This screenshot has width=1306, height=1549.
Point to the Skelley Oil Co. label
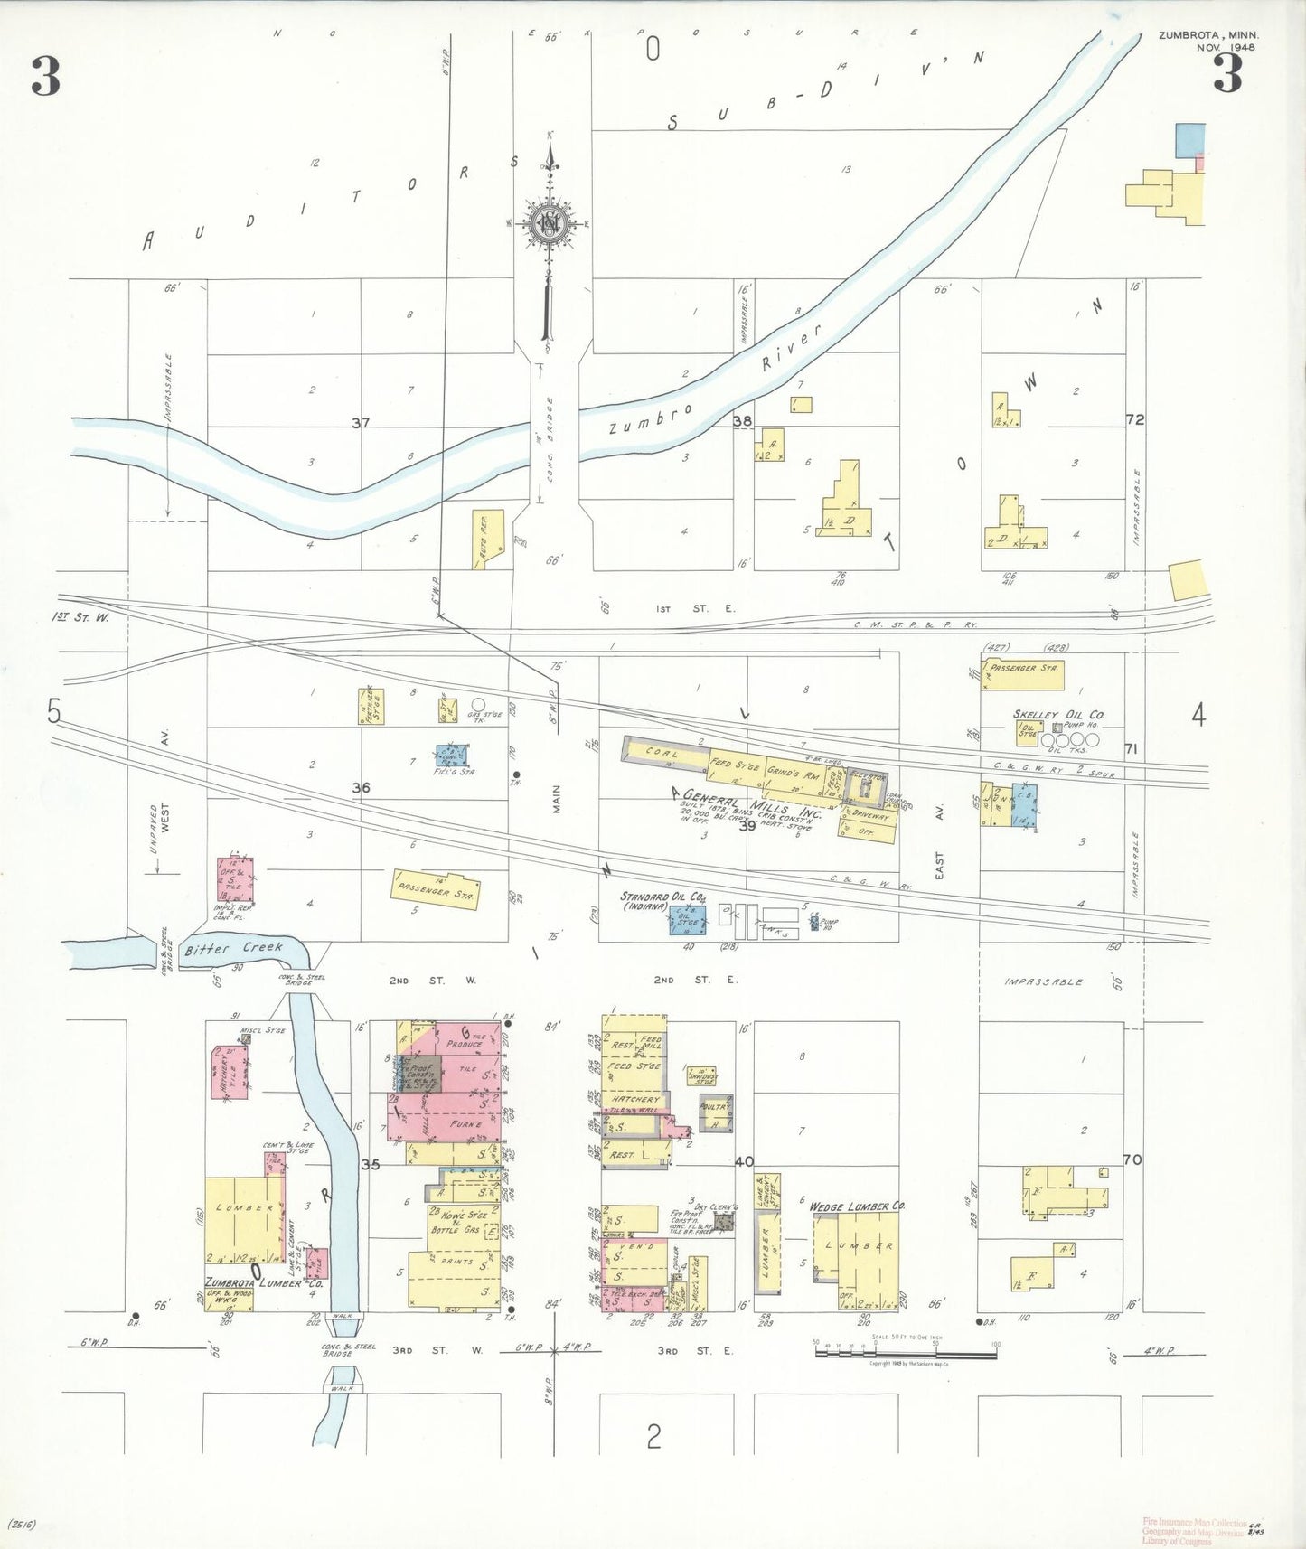(x=1058, y=714)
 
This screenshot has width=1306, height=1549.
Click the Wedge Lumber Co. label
(x=857, y=1206)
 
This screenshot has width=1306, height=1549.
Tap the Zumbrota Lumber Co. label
(x=264, y=1282)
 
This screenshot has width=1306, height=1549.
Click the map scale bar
(x=906, y=1353)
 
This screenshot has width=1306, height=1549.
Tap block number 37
(x=361, y=423)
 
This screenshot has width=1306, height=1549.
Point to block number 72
(x=1135, y=419)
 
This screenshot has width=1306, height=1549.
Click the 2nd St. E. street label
(x=696, y=980)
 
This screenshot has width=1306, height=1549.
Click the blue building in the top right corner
(x=1190, y=139)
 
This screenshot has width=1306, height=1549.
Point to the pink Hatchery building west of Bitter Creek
(x=230, y=1074)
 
